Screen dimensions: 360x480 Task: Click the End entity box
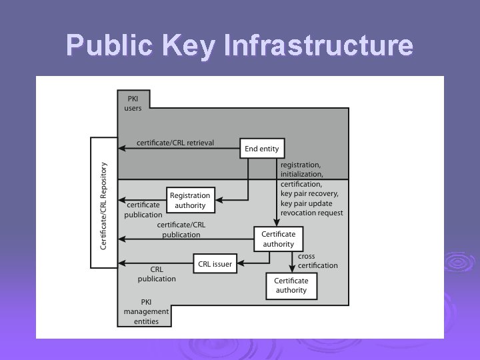(261, 149)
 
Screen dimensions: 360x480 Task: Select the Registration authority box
(190, 200)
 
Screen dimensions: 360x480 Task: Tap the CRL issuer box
(215, 264)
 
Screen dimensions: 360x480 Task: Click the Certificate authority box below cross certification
(291, 285)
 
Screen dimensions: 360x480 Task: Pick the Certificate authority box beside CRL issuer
(278, 239)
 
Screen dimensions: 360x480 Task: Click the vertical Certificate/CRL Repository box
(104, 203)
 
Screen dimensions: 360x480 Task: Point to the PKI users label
(133, 103)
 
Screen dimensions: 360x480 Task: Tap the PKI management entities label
(146, 311)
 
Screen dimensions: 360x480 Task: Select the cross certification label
(317, 261)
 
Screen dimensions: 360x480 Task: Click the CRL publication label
(157, 274)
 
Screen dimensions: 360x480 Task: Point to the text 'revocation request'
(312, 213)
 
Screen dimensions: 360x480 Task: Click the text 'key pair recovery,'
(309, 193)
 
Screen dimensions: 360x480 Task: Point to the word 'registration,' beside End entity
(301, 165)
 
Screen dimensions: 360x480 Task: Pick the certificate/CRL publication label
(181, 230)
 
